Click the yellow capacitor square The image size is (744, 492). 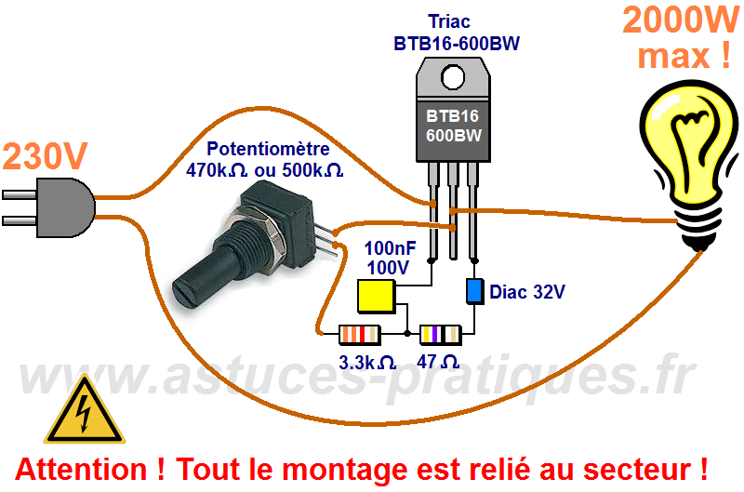coord(376,296)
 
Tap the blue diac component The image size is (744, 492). coord(474,290)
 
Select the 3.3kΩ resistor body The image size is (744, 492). coord(360,333)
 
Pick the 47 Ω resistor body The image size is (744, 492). coord(441,333)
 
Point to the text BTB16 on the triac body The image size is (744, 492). coord(452,117)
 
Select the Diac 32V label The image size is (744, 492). coord(527,292)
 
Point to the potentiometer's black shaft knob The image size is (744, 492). coord(210,273)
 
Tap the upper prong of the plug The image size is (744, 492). coord(22,196)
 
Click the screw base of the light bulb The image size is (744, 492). coord(697,229)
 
